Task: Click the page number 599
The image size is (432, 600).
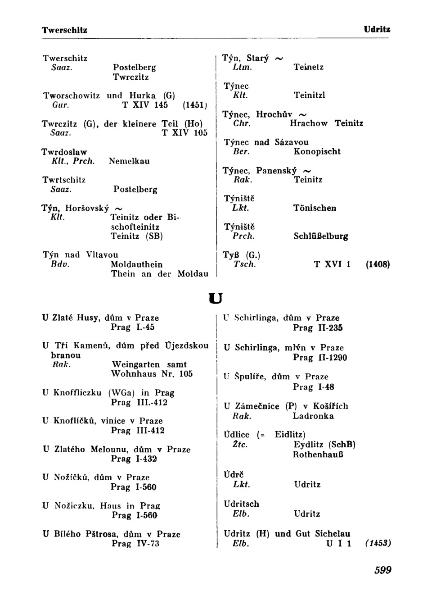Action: [383, 570]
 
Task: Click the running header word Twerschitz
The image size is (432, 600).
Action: [65, 30]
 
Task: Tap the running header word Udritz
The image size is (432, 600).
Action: [377, 30]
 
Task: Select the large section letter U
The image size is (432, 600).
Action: [216, 298]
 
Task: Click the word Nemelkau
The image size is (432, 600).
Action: [129, 161]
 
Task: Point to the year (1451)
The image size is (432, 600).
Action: [195, 105]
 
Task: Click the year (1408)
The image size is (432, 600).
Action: [378, 264]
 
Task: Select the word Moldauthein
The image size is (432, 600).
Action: [137, 264]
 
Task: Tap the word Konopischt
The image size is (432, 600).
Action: [317, 151]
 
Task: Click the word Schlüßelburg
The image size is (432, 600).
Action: [321, 236]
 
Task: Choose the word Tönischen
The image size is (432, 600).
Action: [315, 208]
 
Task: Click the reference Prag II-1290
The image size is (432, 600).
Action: [320, 358]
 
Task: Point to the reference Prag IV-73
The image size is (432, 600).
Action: [135, 544]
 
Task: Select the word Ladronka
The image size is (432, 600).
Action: [313, 416]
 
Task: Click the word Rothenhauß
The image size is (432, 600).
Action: [318, 455]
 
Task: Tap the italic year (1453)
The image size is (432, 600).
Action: [378, 543]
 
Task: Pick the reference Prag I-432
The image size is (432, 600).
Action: [134, 459]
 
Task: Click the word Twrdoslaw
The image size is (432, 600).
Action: [64, 152]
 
